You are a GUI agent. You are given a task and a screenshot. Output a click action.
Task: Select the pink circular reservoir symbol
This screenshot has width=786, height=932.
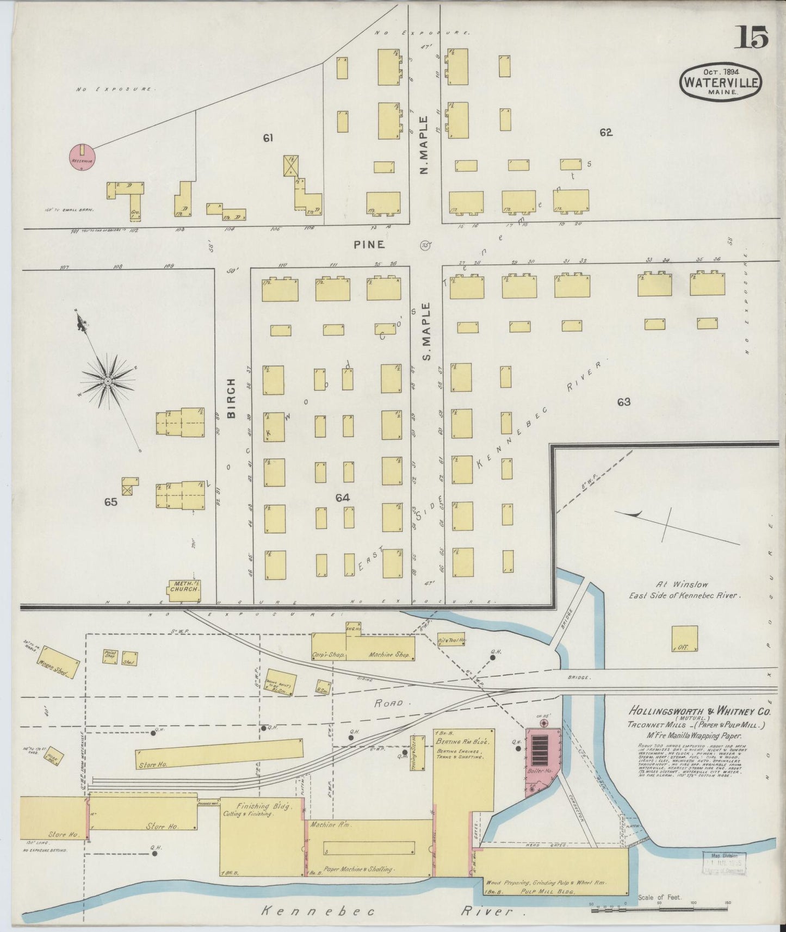[x=82, y=157]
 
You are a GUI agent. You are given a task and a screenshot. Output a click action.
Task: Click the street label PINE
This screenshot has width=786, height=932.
[x=369, y=245]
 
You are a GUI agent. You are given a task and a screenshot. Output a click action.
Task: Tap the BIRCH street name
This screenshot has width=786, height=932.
[x=232, y=398]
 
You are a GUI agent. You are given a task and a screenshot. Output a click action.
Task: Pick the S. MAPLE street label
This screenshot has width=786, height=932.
[x=426, y=332]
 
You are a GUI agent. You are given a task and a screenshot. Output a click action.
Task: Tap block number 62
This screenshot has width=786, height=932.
[x=606, y=132]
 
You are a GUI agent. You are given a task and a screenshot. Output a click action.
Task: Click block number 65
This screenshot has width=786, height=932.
[x=111, y=502]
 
